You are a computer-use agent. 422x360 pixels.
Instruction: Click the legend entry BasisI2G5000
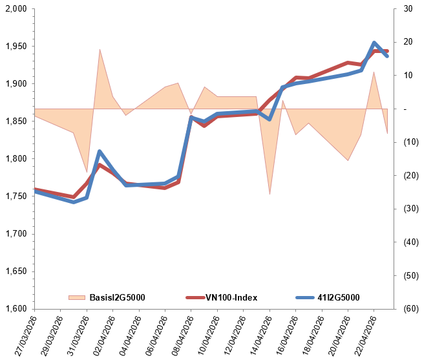117,297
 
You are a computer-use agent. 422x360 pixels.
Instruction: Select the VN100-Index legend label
231,297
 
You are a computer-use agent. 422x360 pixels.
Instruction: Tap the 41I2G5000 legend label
338,297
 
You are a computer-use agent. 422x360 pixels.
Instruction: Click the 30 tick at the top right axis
407,9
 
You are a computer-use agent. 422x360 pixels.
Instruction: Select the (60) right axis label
408,308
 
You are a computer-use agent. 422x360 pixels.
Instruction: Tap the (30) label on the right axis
408,209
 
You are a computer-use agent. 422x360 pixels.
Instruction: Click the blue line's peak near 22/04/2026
374,43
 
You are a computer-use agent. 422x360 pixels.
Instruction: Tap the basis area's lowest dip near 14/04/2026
269,194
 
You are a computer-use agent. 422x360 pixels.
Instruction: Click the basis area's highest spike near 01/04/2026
100,49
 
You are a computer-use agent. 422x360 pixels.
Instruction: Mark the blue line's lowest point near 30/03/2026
74,202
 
